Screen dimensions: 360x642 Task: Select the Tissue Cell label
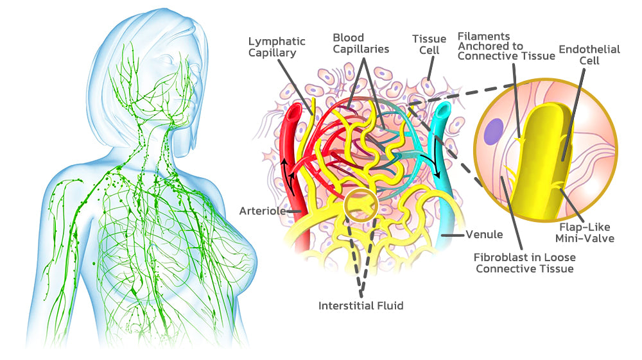click(429, 46)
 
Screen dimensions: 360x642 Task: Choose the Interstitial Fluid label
click(361, 305)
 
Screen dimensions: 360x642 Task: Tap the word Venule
click(484, 235)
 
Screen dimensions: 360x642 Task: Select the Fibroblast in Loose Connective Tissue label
click(523, 262)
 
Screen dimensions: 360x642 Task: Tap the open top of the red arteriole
click(293, 113)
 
